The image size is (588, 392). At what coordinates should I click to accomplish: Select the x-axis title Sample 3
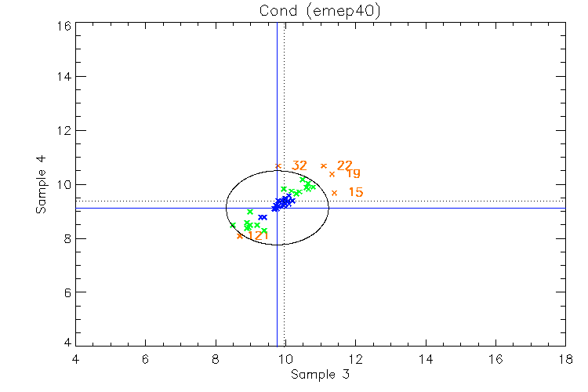click(320, 375)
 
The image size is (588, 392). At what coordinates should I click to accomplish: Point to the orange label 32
click(299, 165)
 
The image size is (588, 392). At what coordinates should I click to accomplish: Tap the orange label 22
click(345, 165)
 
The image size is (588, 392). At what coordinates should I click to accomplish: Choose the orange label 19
click(353, 173)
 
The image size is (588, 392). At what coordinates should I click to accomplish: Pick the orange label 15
click(355, 192)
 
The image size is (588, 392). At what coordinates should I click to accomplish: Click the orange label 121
click(258, 235)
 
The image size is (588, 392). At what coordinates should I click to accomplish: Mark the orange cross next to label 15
click(334, 193)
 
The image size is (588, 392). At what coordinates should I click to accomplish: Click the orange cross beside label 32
click(278, 165)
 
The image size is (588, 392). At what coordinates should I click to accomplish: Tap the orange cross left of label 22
click(324, 165)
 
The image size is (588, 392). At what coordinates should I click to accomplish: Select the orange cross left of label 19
click(332, 174)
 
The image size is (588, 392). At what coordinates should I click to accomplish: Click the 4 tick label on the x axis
click(75, 359)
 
